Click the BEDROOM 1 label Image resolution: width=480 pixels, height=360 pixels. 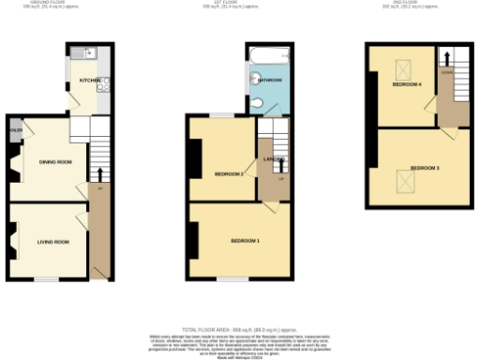(246, 242)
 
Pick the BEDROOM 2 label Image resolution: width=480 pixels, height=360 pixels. (229, 173)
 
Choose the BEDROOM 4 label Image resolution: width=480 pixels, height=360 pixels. (407, 85)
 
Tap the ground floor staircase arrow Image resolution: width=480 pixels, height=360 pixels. (100, 175)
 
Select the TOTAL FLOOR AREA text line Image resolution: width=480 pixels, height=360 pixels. (240, 329)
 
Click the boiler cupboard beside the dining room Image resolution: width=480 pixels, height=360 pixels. (16, 130)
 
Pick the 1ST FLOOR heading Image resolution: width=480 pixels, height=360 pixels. (240, 3)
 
